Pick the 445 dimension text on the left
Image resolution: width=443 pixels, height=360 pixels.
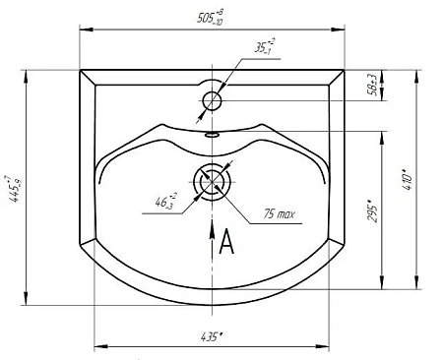pos(14,182)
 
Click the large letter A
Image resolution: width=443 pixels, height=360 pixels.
pos(226,242)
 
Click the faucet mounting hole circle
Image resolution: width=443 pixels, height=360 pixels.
pos(213,99)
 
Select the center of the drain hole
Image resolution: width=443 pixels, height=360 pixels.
pos(213,183)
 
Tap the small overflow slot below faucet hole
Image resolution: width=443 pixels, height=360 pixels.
pos(213,132)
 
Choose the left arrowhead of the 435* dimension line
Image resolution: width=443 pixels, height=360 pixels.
pos(96,346)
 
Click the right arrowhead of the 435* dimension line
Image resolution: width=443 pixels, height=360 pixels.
pos(329,346)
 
